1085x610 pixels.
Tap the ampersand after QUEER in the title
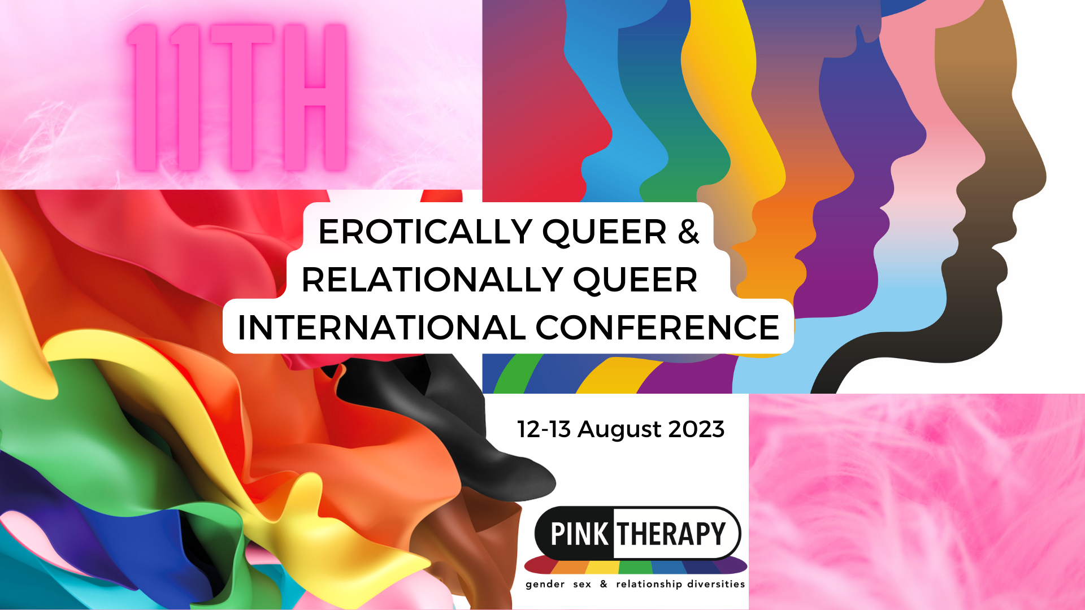(x=688, y=232)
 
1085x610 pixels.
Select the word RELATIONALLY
(x=432, y=280)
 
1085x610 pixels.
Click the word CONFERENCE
(x=657, y=328)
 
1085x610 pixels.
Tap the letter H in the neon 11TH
(x=315, y=97)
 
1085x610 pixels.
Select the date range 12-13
(x=544, y=429)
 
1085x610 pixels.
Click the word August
(x=619, y=430)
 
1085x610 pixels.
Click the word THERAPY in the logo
(x=671, y=534)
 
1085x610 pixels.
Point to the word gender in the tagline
(x=545, y=585)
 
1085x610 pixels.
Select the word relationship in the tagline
(x=649, y=584)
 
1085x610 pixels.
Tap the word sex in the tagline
(x=582, y=585)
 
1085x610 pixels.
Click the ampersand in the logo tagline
(x=604, y=583)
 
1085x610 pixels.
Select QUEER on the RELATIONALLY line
(x=635, y=281)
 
